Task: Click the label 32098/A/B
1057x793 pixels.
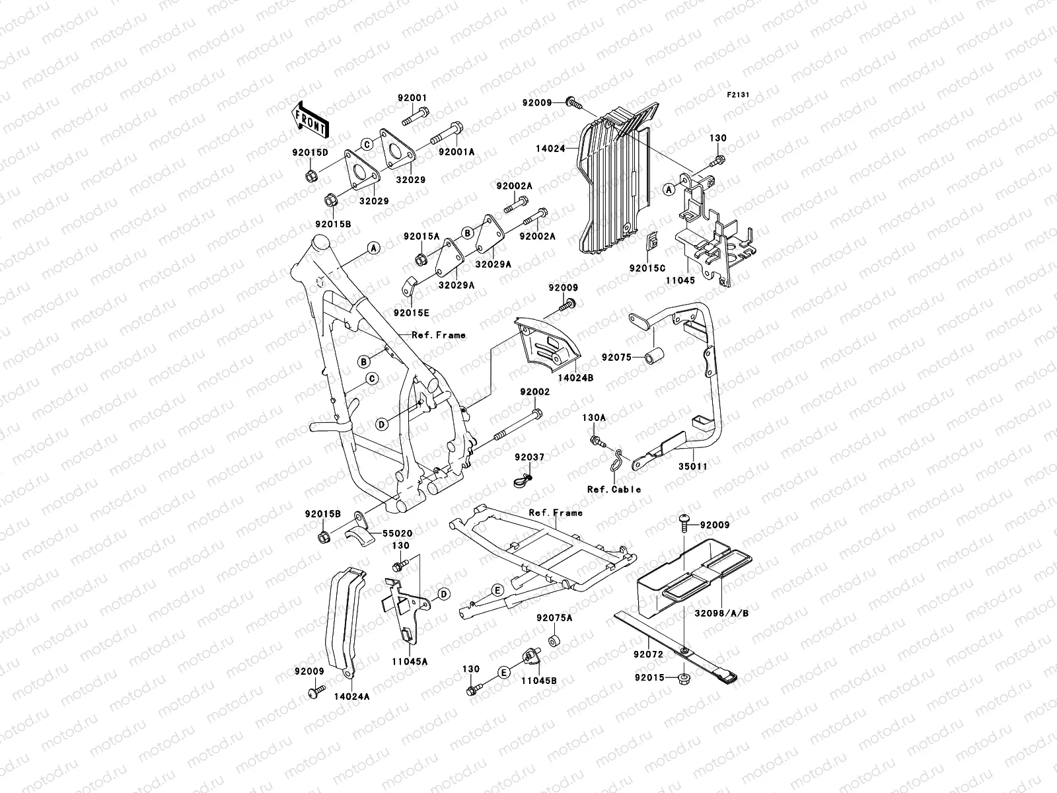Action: (x=721, y=613)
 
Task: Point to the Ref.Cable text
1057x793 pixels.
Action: (x=614, y=490)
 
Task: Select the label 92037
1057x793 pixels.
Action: (x=529, y=457)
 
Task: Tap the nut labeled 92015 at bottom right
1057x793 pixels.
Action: (x=685, y=677)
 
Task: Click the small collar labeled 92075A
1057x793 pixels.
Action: (x=552, y=641)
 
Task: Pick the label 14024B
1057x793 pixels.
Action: (x=575, y=379)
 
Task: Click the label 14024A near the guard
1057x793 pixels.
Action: (x=351, y=696)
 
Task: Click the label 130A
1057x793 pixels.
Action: (x=593, y=418)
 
